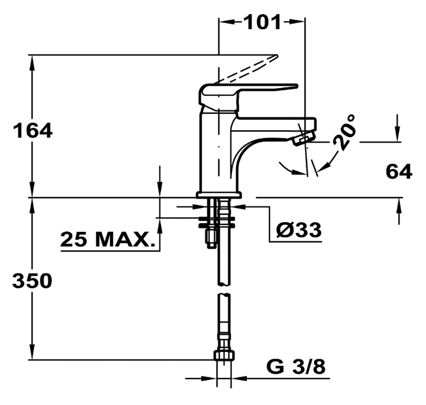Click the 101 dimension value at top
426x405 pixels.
[x=263, y=22]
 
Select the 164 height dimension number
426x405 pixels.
[x=33, y=130]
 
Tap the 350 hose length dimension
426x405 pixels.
[x=32, y=280]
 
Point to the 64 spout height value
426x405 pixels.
[x=399, y=171]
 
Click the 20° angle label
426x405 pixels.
[x=344, y=132]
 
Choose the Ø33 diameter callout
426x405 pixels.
[x=299, y=230]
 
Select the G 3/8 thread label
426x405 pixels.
[x=296, y=367]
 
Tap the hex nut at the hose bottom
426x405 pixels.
[x=224, y=355]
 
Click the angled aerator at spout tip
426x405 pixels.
[x=304, y=138]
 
